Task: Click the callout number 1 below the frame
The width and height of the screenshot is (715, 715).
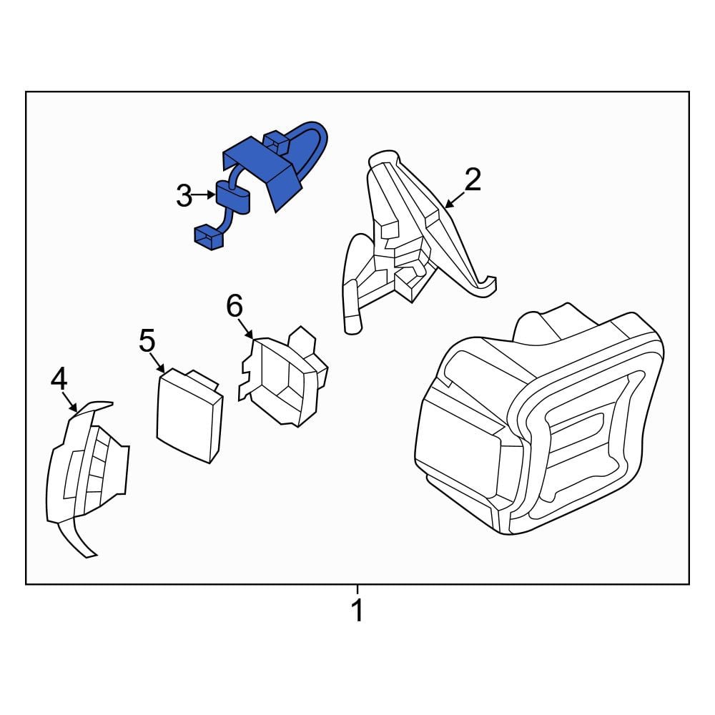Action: pyautogui.click(x=357, y=610)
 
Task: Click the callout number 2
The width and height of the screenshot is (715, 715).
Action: pyautogui.click(x=473, y=179)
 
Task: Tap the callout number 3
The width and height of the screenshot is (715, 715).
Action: pyautogui.click(x=184, y=196)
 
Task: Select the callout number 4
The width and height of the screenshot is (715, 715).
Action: pyautogui.click(x=59, y=380)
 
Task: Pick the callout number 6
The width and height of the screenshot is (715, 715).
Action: pyautogui.click(x=235, y=305)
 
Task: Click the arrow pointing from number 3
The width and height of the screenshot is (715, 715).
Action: pyautogui.click(x=203, y=195)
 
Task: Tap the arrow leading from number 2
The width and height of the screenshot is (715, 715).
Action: pyautogui.click(x=454, y=200)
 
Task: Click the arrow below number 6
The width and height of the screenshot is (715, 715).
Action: pyautogui.click(x=246, y=328)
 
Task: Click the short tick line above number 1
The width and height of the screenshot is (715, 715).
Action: pyautogui.click(x=357, y=589)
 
